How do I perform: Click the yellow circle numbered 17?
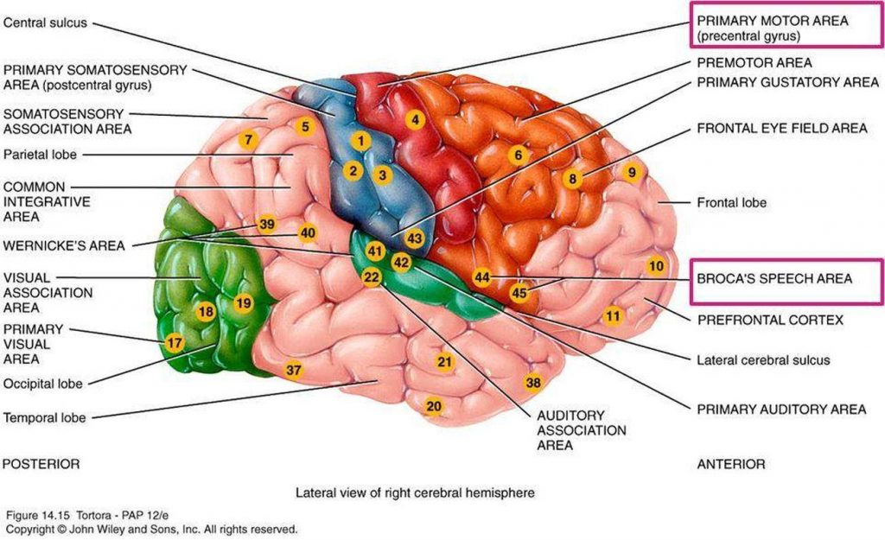(x=175, y=343)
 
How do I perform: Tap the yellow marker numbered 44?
(x=482, y=277)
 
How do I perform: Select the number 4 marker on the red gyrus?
(x=416, y=120)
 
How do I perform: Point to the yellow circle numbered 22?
(x=372, y=277)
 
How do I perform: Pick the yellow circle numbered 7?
(x=248, y=139)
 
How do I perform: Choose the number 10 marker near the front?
(x=657, y=265)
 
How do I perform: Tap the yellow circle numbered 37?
(x=294, y=370)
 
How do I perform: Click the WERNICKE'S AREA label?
(x=64, y=245)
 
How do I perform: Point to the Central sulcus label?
(x=45, y=23)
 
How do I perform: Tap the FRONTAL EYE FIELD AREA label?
(x=780, y=129)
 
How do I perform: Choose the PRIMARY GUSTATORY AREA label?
(x=780, y=82)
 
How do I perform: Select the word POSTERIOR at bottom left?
(x=41, y=464)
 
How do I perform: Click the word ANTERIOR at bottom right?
(x=730, y=464)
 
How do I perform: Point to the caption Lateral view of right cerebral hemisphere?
(x=415, y=492)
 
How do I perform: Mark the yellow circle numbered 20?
(x=434, y=406)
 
